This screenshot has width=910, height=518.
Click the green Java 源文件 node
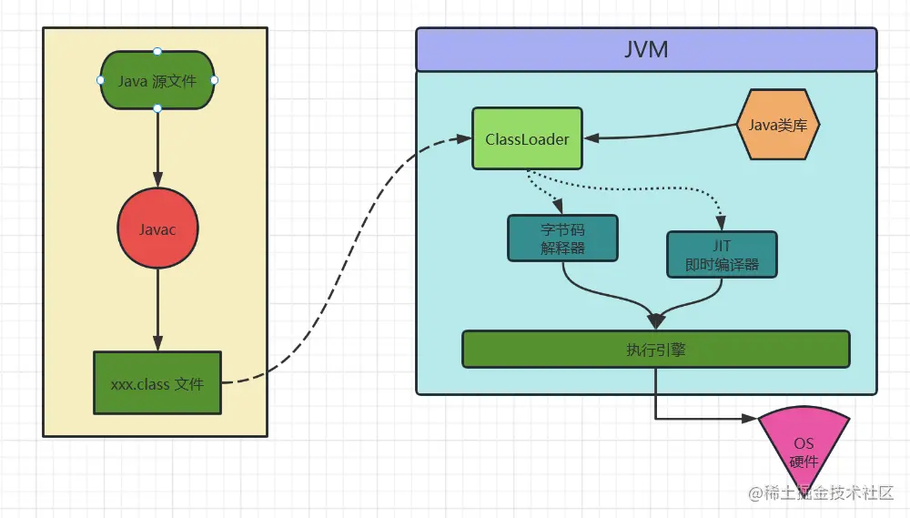[x=157, y=80]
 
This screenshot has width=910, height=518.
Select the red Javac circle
[x=157, y=229]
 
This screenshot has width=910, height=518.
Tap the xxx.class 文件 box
[x=157, y=383]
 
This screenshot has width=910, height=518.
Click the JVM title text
[x=646, y=49]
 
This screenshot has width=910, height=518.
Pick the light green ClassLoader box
[x=527, y=138]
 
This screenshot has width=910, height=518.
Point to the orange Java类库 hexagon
[x=778, y=126]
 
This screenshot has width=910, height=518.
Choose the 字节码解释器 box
[x=561, y=238]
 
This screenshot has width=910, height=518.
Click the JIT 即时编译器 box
[x=722, y=254]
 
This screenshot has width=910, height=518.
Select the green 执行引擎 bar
[x=655, y=349]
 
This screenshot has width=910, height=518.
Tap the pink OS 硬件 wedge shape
[x=804, y=444]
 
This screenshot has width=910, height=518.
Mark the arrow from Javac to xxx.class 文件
[x=157, y=310]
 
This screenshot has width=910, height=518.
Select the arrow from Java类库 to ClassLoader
[x=660, y=137]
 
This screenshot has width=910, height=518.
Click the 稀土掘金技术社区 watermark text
[x=828, y=493]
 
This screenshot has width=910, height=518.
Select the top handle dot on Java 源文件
[x=157, y=51]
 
